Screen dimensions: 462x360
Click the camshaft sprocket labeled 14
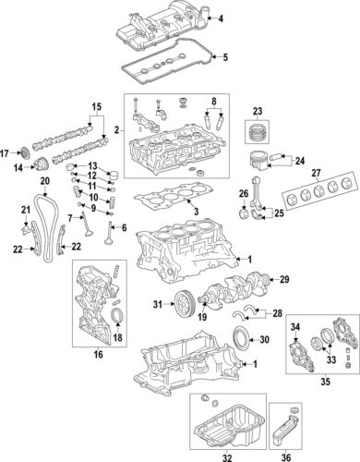pyautogui.click(x=40, y=166)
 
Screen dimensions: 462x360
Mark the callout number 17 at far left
pyautogui.click(x=6, y=152)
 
